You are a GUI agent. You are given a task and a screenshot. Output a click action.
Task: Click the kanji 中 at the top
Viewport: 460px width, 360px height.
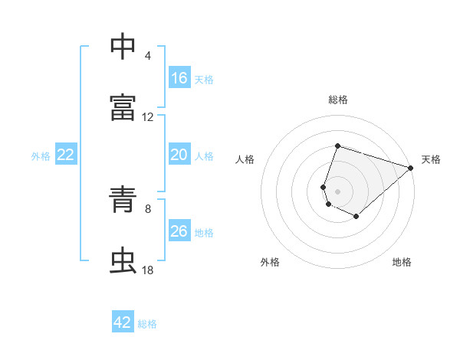pyautogui.click(x=123, y=46)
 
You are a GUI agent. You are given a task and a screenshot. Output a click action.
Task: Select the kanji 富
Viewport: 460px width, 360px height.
pyautogui.click(x=123, y=107)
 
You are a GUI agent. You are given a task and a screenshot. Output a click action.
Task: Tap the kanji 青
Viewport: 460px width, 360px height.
pyautogui.click(x=123, y=199)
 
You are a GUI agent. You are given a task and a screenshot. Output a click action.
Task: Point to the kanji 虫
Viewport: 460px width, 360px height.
pyautogui.click(x=123, y=260)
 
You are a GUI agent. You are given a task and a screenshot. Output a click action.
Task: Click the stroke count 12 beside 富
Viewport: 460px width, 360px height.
pyautogui.click(x=147, y=117)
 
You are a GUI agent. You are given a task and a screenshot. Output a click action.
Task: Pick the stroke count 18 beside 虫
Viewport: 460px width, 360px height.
pyautogui.click(x=147, y=270)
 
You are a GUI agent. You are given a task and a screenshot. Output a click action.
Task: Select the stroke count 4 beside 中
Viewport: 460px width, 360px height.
pyautogui.click(x=148, y=56)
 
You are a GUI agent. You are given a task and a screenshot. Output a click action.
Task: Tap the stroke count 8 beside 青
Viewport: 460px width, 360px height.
pyautogui.click(x=148, y=209)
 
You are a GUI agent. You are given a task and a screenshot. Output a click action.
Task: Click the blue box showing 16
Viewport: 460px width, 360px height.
pyautogui.click(x=179, y=77)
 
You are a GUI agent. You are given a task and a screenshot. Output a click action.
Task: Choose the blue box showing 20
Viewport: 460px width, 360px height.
pyautogui.click(x=179, y=154)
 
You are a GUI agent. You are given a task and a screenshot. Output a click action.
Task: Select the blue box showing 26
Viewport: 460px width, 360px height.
pyautogui.click(x=179, y=230)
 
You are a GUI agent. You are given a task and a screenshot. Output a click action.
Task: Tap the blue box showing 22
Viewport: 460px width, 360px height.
pyautogui.click(x=66, y=154)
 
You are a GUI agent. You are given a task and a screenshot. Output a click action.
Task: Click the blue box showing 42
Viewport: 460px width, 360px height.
pyautogui.click(x=123, y=321)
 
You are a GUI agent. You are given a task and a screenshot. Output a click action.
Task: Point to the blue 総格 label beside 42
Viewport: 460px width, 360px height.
pyautogui.click(x=147, y=324)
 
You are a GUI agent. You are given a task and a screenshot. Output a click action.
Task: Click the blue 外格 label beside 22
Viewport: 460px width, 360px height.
pyautogui.click(x=41, y=156)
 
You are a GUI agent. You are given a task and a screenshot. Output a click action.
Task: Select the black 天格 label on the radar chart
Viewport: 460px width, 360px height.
pyautogui.click(x=431, y=159)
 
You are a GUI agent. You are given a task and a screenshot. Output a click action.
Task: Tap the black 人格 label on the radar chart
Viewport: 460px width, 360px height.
pyautogui.click(x=245, y=159)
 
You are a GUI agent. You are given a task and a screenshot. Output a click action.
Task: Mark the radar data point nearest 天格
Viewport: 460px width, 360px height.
pyautogui.click(x=411, y=168)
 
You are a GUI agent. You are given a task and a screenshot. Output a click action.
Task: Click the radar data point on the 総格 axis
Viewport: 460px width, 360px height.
pyautogui.click(x=337, y=146)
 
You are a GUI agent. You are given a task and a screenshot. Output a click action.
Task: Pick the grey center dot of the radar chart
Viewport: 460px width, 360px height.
pyautogui.click(x=337, y=191)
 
